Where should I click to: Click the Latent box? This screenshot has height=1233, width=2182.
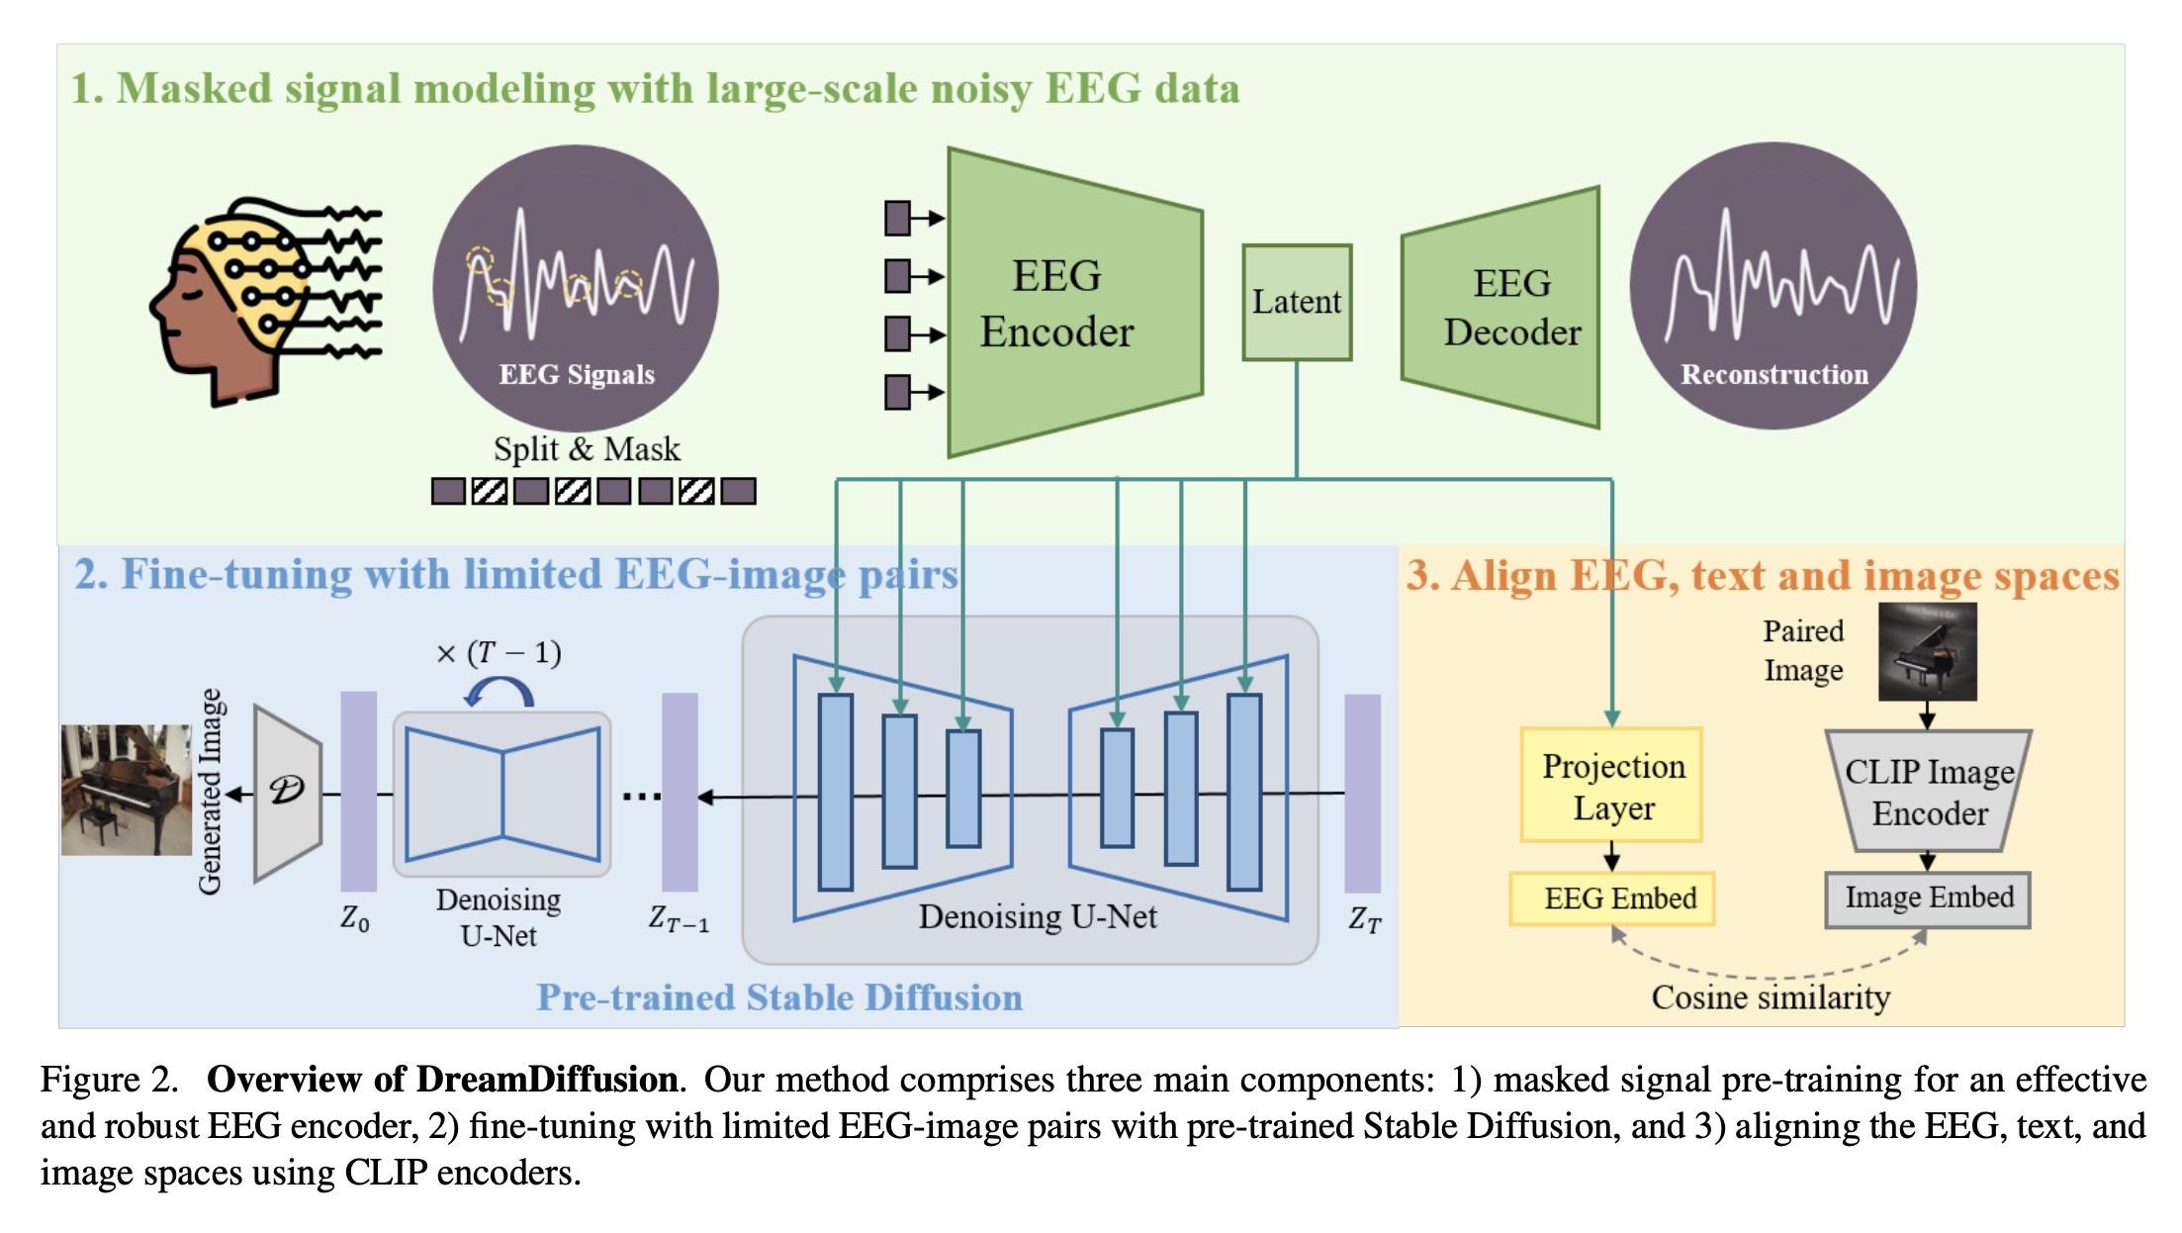(1296, 302)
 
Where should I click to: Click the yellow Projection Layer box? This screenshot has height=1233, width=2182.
(1611, 786)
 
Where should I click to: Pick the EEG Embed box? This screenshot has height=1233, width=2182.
(1612, 899)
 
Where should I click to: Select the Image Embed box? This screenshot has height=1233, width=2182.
(1928, 899)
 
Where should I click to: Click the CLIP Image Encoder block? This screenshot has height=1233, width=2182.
(1928, 792)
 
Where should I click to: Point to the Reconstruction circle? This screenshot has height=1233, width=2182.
(1773, 287)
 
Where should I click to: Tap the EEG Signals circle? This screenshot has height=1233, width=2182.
(576, 287)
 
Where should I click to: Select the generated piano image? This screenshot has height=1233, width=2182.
(127, 790)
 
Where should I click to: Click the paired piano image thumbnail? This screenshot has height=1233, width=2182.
(1927, 651)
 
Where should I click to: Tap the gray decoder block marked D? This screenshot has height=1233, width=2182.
(287, 792)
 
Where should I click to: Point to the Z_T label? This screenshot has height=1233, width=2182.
(1364, 920)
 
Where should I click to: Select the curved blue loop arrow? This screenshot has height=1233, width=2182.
(500, 691)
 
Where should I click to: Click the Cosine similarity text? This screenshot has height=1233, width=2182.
(1771, 997)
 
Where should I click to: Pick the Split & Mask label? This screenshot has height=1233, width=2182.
(587, 449)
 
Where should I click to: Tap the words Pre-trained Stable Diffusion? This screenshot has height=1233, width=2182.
(779, 997)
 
